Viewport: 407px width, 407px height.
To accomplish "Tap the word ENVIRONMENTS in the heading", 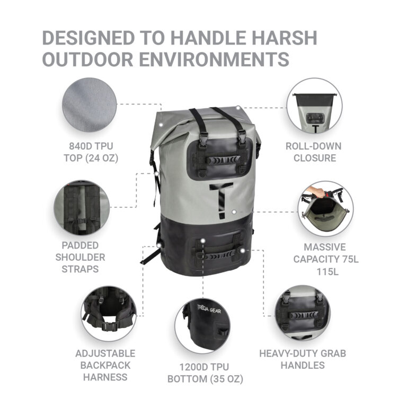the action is (x=214, y=59).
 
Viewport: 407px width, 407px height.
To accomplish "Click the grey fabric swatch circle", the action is (x=89, y=104).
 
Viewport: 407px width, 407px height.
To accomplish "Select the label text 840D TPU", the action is (x=91, y=146).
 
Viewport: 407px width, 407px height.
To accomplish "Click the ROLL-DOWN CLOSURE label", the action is (x=314, y=152).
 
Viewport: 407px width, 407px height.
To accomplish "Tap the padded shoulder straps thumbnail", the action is (x=82, y=208).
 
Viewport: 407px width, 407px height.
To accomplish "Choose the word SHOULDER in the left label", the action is (x=80, y=257).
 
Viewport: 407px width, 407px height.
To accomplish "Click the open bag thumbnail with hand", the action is (x=325, y=209).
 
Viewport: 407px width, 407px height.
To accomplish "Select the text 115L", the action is (x=328, y=272).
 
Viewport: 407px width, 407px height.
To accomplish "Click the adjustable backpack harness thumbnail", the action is (x=109, y=314).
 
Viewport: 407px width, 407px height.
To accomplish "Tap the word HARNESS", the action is (x=105, y=377).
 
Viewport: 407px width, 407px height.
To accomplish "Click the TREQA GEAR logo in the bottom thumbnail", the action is (x=209, y=309).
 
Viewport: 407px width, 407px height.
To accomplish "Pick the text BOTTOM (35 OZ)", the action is (x=205, y=379).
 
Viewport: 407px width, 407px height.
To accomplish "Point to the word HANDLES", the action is (x=303, y=365).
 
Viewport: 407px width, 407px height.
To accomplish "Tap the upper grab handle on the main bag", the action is (x=223, y=160).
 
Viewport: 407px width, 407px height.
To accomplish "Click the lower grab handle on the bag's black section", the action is (x=220, y=255).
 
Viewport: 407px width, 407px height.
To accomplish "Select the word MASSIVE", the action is (x=325, y=247).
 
